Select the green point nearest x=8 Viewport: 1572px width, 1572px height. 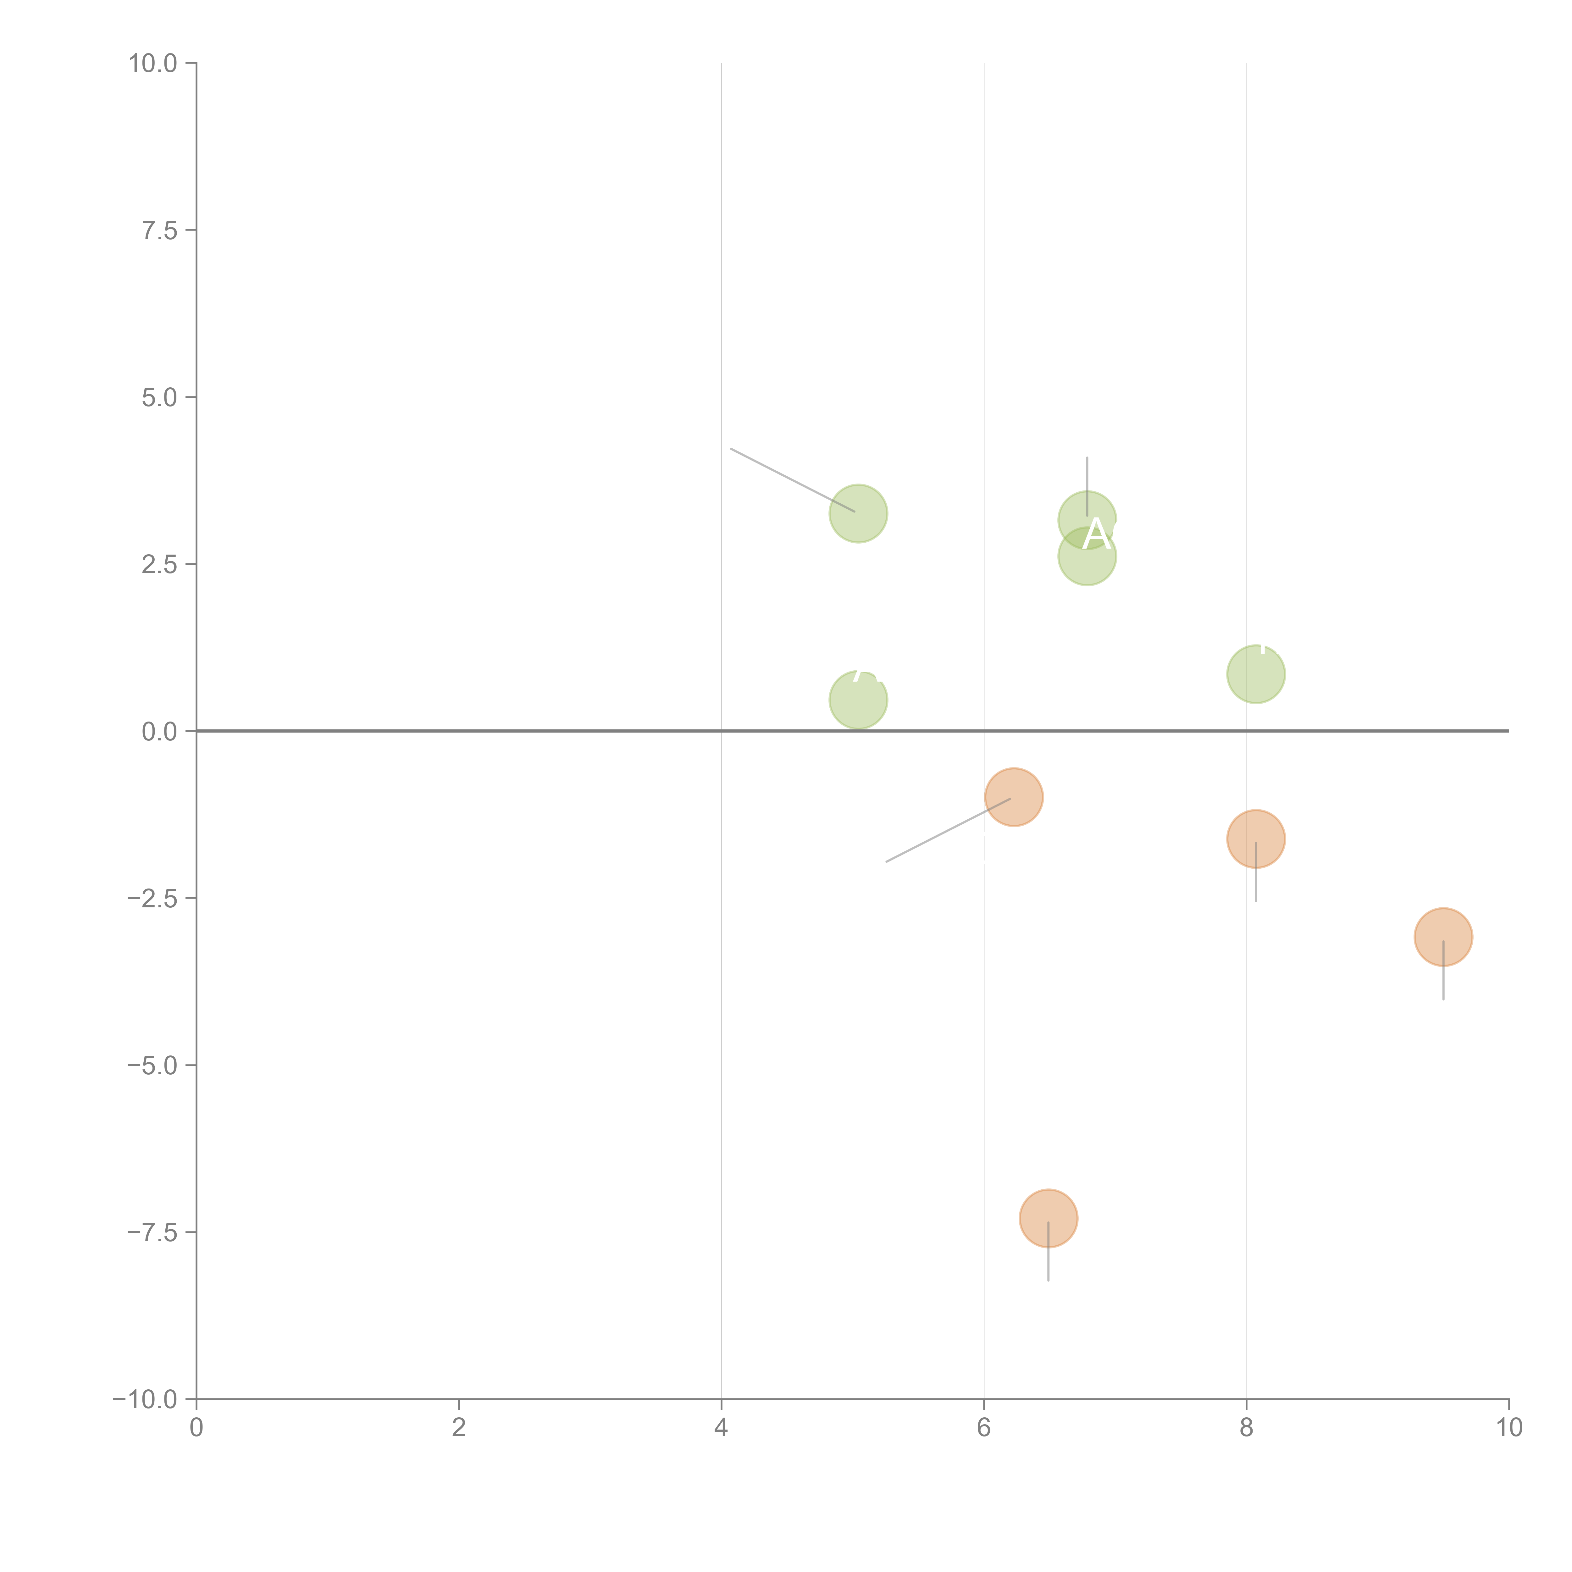(1255, 674)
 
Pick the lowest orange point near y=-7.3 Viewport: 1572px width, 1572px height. (1048, 1218)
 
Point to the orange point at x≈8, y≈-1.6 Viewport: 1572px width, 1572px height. (1255, 839)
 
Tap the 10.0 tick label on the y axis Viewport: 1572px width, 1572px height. (153, 64)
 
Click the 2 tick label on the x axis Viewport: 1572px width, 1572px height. (459, 1428)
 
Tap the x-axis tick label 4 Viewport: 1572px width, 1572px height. (721, 1428)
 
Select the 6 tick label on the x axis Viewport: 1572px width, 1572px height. (984, 1428)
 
